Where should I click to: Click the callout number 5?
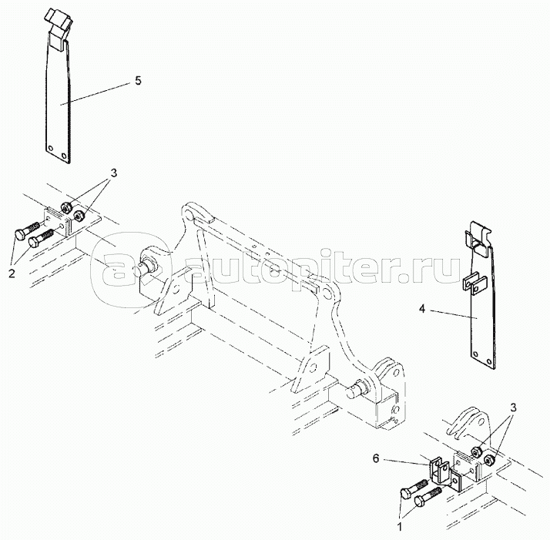138,81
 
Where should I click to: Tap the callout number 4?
422,309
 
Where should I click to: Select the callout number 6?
376,458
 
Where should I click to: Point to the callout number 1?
399,527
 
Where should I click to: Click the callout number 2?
12,273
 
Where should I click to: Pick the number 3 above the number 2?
113,173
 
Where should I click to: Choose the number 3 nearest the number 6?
513,408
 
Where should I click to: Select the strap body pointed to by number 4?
482,316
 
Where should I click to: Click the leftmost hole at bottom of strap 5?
51,148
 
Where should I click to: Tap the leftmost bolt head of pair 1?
406,493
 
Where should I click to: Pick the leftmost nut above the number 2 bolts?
65,208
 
